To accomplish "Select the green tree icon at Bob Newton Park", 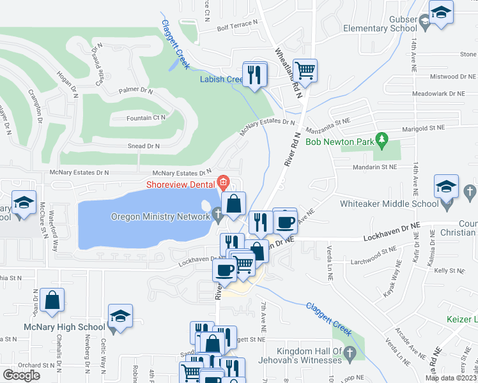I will tap(382, 138).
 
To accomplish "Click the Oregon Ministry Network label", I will tap(161, 216).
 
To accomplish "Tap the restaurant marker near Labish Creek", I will tap(256, 74).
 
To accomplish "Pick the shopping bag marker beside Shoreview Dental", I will tap(235, 204).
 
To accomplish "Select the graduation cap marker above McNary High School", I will tap(119, 316).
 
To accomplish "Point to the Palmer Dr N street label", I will tap(135, 91).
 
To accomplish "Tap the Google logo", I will tap(21, 375).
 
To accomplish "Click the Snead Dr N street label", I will tap(144, 146).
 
